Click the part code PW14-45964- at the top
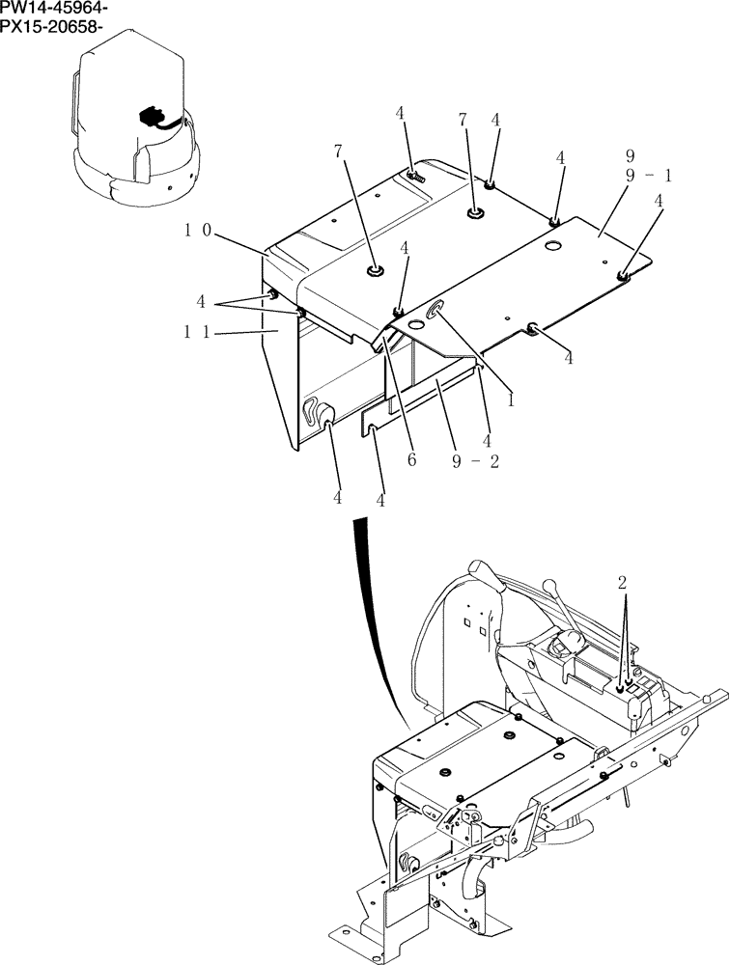point(54,9)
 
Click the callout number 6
point(412,460)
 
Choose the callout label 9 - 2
point(476,460)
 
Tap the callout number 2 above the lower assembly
point(623,583)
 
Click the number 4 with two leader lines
point(201,301)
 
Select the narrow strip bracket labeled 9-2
point(425,405)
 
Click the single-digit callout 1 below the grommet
point(510,398)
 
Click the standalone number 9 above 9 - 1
point(629,155)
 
